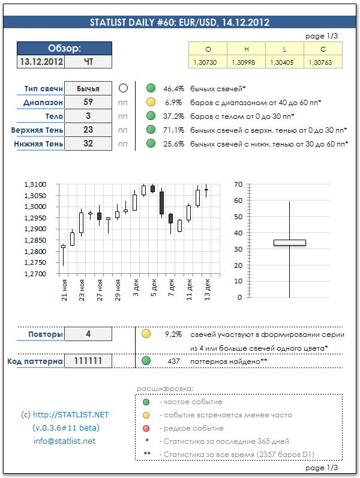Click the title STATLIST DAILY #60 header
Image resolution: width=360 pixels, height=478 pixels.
click(179, 23)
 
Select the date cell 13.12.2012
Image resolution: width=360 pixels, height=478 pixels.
click(41, 61)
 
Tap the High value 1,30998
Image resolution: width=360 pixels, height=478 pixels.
click(247, 62)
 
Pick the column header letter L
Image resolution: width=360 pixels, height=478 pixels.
click(285, 50)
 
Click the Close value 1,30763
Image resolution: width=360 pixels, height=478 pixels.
click(323, 62)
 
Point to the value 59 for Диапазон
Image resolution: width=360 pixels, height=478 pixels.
click(88, 102)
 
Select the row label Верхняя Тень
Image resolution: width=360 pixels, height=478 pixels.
click(37, 130)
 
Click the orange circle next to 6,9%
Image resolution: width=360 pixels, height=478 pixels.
click(151, 102)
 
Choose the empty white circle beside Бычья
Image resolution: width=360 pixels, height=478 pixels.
click(123, 88)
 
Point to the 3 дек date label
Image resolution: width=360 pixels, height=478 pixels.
click(136, 285)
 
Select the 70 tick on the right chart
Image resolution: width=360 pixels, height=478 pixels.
click(238, 184)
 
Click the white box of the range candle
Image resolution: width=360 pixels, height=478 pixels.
click(289, 243)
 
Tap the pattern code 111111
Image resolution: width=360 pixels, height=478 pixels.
click(88, 361)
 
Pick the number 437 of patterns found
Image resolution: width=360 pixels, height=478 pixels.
click(173, 362)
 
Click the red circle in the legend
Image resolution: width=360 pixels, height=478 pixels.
click(146, 428)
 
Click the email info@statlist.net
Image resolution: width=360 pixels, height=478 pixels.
click(64, 441)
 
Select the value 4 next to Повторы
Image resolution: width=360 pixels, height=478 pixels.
click(88, 334)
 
